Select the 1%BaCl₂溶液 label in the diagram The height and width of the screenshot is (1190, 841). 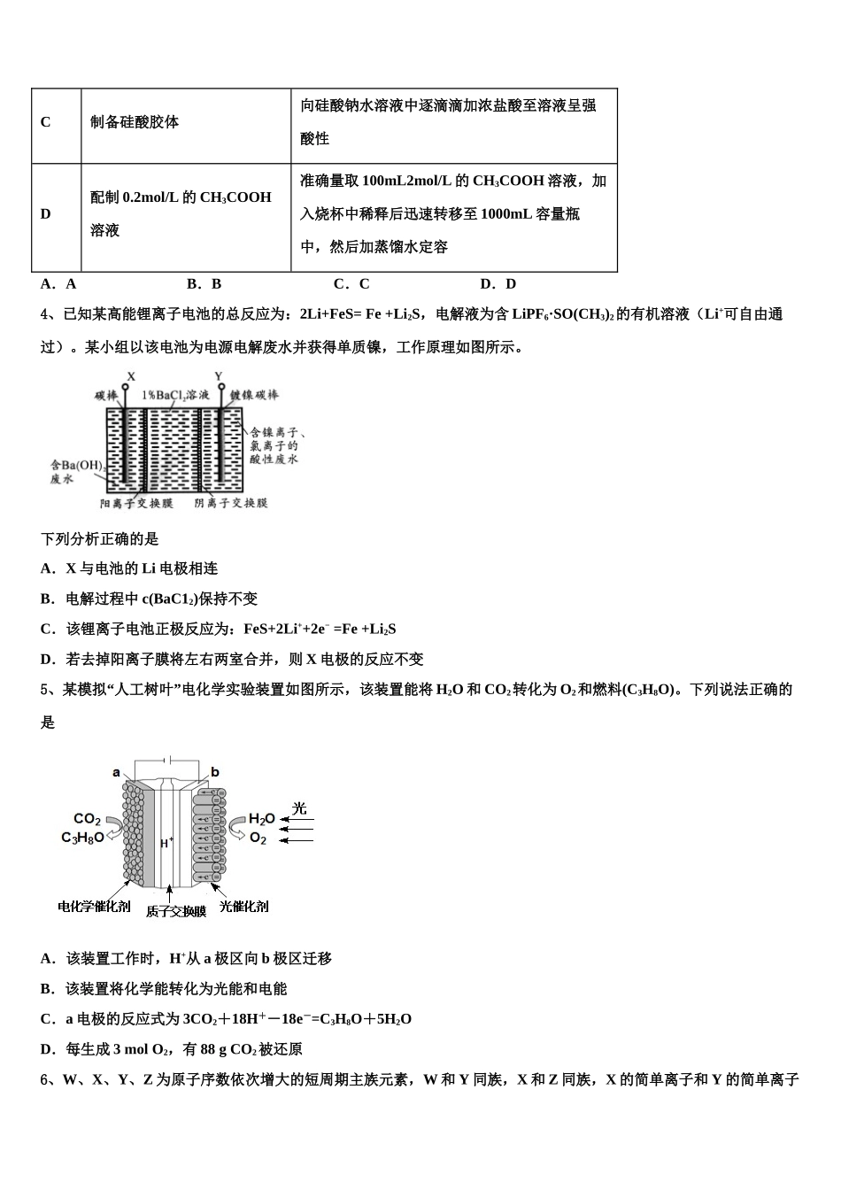175,395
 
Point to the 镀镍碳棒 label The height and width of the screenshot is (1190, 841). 254,395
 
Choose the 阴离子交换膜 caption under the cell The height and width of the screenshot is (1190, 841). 231,503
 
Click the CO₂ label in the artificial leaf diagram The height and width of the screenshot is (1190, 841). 87,819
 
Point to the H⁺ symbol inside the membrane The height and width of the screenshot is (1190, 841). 166,843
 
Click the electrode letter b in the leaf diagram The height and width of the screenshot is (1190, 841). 215,772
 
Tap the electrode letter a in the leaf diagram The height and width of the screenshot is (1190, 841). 116,772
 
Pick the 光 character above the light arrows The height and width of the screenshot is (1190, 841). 299,807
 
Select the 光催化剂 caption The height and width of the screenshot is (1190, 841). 243,906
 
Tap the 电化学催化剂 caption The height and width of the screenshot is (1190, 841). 94,906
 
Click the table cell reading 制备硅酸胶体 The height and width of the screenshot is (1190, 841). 135,122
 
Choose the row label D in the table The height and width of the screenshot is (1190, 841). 46,214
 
